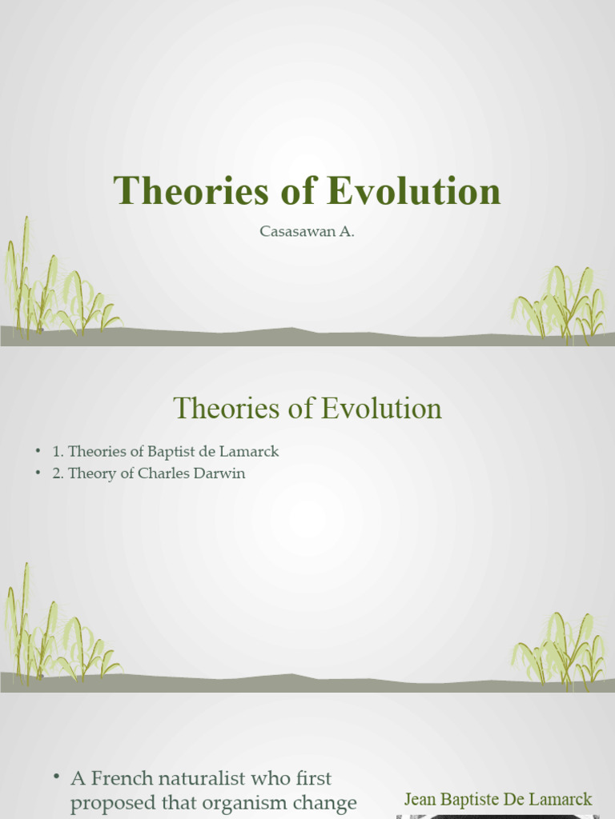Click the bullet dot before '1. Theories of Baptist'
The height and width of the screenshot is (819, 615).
pyautogui.click(x=38, y=452)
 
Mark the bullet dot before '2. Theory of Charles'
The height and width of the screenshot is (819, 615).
pyautogui.click(x=38, y=473)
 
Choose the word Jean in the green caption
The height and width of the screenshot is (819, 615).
pyautogui.click(x=420, y=799)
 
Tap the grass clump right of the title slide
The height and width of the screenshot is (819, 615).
pyautogui.click(x=561, y=304)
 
